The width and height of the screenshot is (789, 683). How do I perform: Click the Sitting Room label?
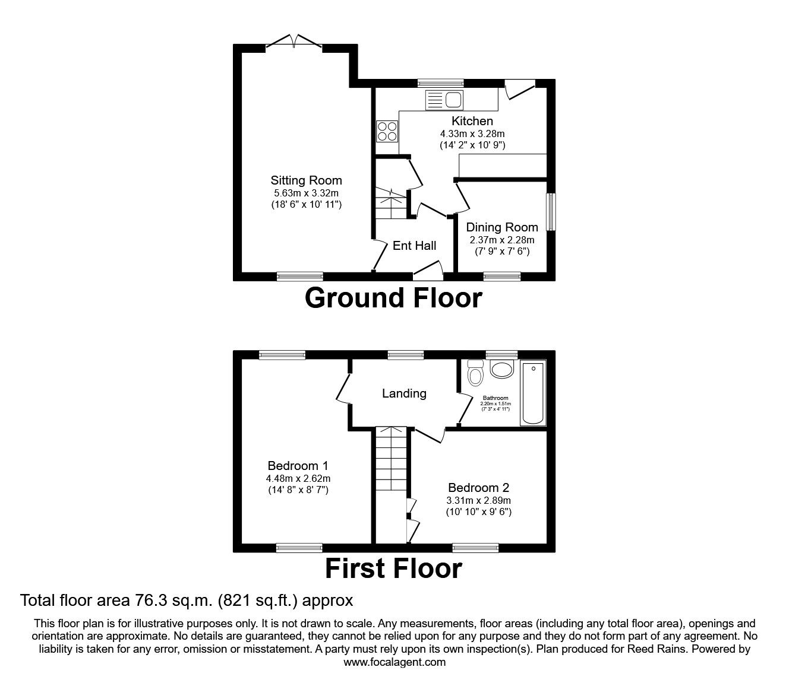coord(306,180)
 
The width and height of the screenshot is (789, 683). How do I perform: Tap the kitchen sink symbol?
coord(444,100)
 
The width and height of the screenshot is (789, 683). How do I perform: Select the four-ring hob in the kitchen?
coord(387,131)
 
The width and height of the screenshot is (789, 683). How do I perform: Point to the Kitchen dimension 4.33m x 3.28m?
coord(472,134)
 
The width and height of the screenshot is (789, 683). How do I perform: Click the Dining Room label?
coord(502,227)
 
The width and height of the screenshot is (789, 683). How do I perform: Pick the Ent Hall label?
coord(414,246)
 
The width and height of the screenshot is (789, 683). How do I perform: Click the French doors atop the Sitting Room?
coord(294,42)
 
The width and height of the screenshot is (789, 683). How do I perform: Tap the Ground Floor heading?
coord(393,298)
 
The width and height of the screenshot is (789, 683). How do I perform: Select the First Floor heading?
coord(393,568)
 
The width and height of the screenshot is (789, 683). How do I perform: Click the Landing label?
coord(404,393)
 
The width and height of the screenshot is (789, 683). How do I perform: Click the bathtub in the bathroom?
coord(533,393)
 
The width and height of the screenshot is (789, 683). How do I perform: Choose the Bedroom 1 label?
coord(298,466)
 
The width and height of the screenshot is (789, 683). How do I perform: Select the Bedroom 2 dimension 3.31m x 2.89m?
coord(478,500)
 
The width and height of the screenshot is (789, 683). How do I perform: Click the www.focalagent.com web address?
coord(394,662)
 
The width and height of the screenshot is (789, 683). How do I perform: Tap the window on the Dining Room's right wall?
coord(551,211)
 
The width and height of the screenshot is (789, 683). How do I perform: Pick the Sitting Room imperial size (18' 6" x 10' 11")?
coord(306,204)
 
